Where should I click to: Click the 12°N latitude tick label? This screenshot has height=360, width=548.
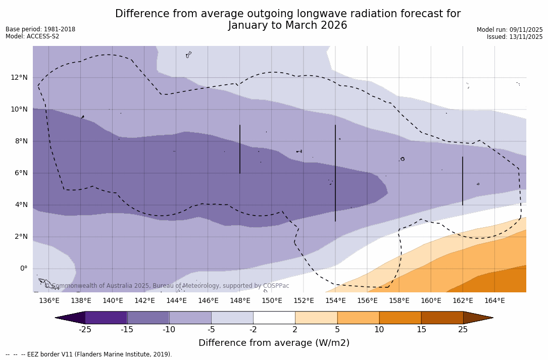[19, 77]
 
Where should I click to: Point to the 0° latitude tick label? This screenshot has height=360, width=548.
[23, 269]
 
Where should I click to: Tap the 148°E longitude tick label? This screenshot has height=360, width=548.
[240, 301]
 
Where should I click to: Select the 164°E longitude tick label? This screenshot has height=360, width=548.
[494, 301]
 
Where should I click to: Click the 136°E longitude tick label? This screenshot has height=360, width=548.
[49, 301]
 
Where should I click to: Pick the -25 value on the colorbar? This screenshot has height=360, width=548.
[85, 330]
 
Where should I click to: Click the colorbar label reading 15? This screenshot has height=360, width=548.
[421, 330]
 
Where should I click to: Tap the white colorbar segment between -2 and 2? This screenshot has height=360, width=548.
[274, 318]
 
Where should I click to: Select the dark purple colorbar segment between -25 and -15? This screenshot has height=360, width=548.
[106, 318]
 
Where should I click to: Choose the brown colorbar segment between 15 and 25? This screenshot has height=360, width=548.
[442, 318]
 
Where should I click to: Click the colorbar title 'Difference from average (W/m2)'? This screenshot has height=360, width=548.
[274, 343]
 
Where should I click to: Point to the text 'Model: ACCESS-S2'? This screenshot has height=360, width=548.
[32, 36]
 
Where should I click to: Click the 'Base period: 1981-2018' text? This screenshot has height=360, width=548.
[40, 29]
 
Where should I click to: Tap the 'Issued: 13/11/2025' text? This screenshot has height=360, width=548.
[515, 37]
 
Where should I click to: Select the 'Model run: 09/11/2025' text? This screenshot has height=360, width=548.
[510, 30]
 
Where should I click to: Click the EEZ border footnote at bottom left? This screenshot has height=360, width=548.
[89, 354]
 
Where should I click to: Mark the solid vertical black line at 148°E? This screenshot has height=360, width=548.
[240, 149]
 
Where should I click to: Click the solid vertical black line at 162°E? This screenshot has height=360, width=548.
[463, 181]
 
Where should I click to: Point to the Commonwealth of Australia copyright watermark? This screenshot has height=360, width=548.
[167, 286]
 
